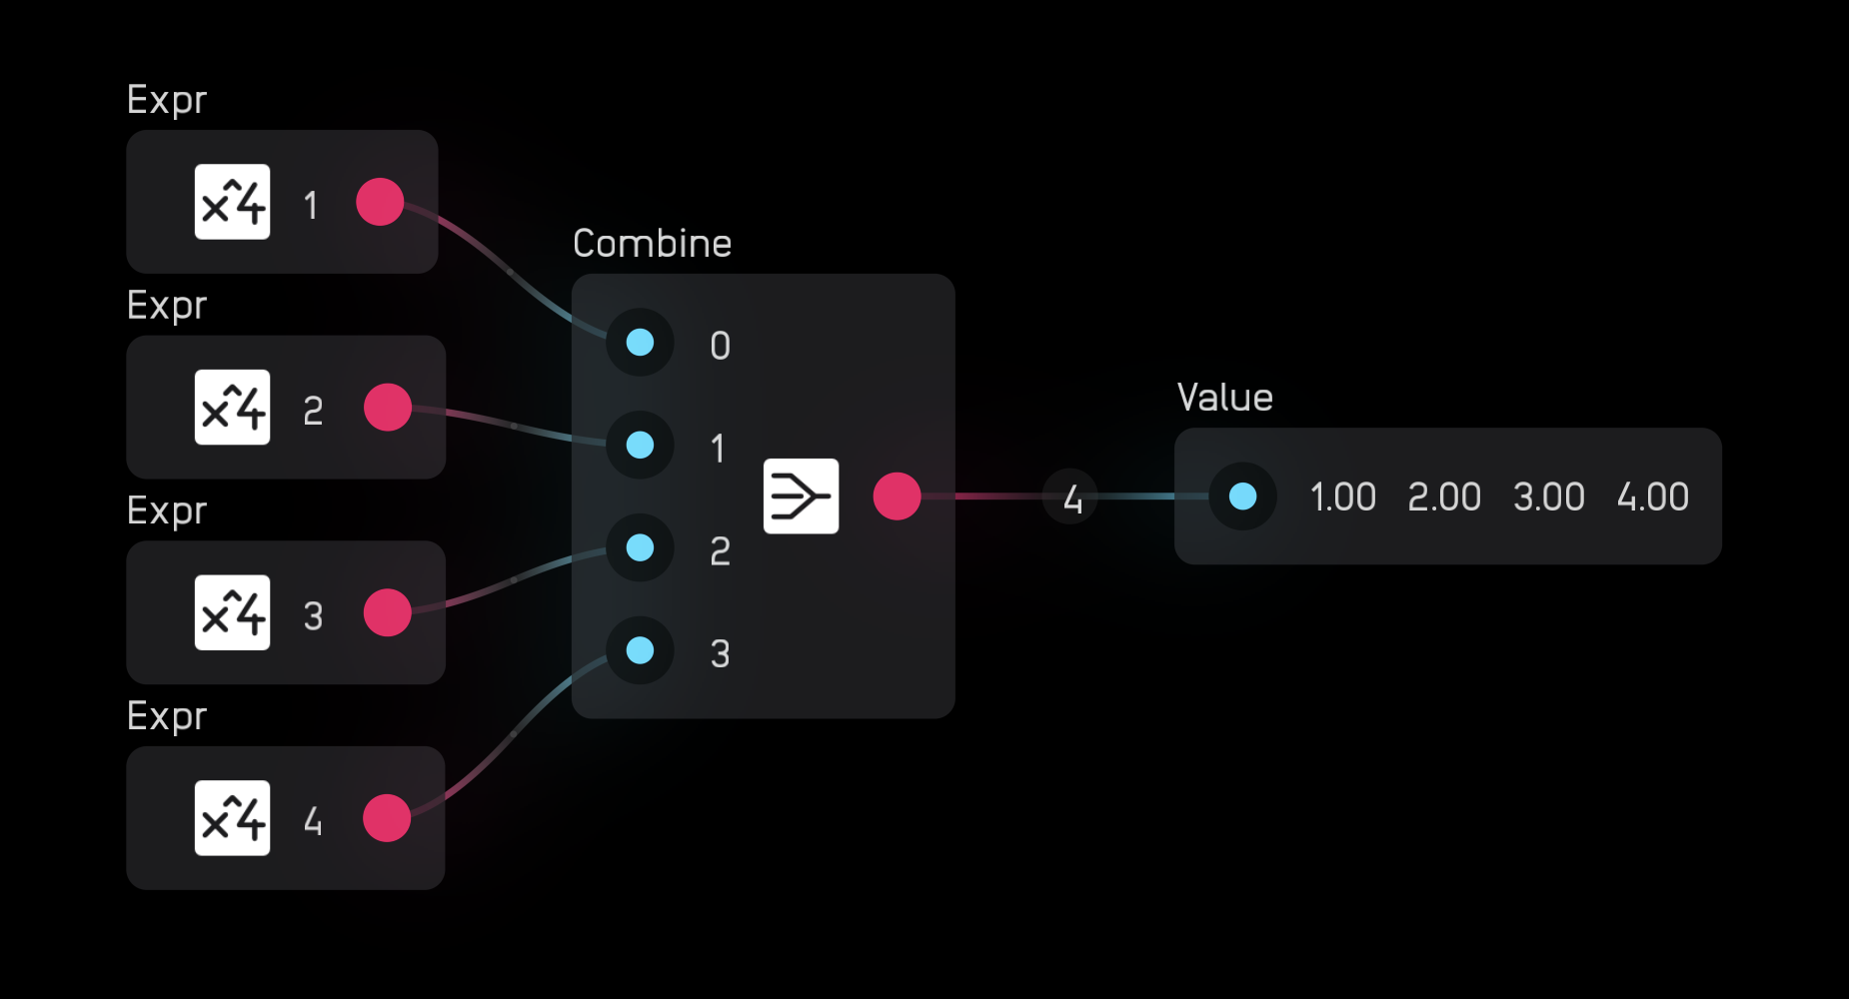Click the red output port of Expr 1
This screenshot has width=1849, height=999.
[x=380, y=202]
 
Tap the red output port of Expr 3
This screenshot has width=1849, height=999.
[x=388, y=612]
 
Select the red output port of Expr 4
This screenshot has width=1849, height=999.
[x=387, y=818]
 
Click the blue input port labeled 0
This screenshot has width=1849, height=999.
[x=640, y=343]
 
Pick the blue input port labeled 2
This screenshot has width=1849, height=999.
[x=640, y=547]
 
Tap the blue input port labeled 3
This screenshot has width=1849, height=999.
[x=640, y=650]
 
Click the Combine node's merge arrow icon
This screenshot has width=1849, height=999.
[x=801, y=497]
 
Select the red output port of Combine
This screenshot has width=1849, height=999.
[x=897, y=497]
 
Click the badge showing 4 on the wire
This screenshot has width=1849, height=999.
[x=1070, y=497]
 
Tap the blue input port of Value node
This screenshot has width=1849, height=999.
[x=1242, y=497]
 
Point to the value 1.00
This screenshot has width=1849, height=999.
[x=1342, y=497]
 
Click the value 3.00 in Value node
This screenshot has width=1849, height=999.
[x=1548, y=497]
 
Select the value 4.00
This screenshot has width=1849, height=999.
[x=1652, y=497]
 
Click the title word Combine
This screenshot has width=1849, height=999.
[x=652, y=244]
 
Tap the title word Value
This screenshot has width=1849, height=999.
[x=1224, y=398]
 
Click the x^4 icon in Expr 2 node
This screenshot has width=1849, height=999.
[x=232, y=408]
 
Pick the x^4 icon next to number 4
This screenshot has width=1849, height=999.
[x=232, y=818]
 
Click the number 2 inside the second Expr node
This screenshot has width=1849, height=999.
[x=313, y=411]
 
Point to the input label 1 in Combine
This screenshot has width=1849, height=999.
[x=718, y=449]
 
